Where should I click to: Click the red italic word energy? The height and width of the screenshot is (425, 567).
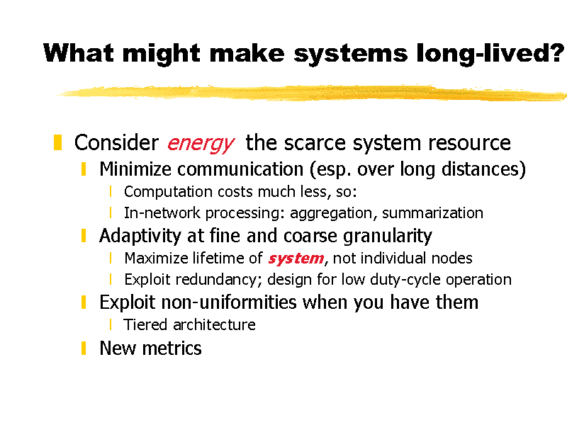click(x=201, y=144)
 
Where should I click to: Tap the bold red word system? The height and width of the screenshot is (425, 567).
click(x=296, y=259)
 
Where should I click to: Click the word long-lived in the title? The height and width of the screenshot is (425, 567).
click(x=490, y=54)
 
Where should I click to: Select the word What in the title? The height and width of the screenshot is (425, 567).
click(x=79, y=53)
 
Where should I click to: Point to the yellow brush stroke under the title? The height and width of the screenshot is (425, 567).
click(x=312, y=93)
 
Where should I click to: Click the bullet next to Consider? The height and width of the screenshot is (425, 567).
click(x=57, y=142)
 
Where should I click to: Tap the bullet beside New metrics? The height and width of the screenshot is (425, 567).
click(x=84, y=348)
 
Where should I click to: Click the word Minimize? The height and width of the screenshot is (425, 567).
click(x=135, y=169)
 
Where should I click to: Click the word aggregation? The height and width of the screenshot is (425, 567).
click(x=331, y=214)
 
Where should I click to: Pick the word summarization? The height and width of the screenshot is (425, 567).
click(x=432, y=213)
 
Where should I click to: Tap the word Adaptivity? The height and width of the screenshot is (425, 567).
click(x=140, y=237)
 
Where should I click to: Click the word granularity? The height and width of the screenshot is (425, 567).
click(x=387, y=237)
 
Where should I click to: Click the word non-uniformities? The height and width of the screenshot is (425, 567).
click(x=229, y=302)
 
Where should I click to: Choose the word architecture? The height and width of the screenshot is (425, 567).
click(x=215, y=324)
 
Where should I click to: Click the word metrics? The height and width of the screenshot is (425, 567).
click(x=172, y=348)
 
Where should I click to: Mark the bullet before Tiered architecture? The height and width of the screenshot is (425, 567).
click(x=111, y=324)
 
